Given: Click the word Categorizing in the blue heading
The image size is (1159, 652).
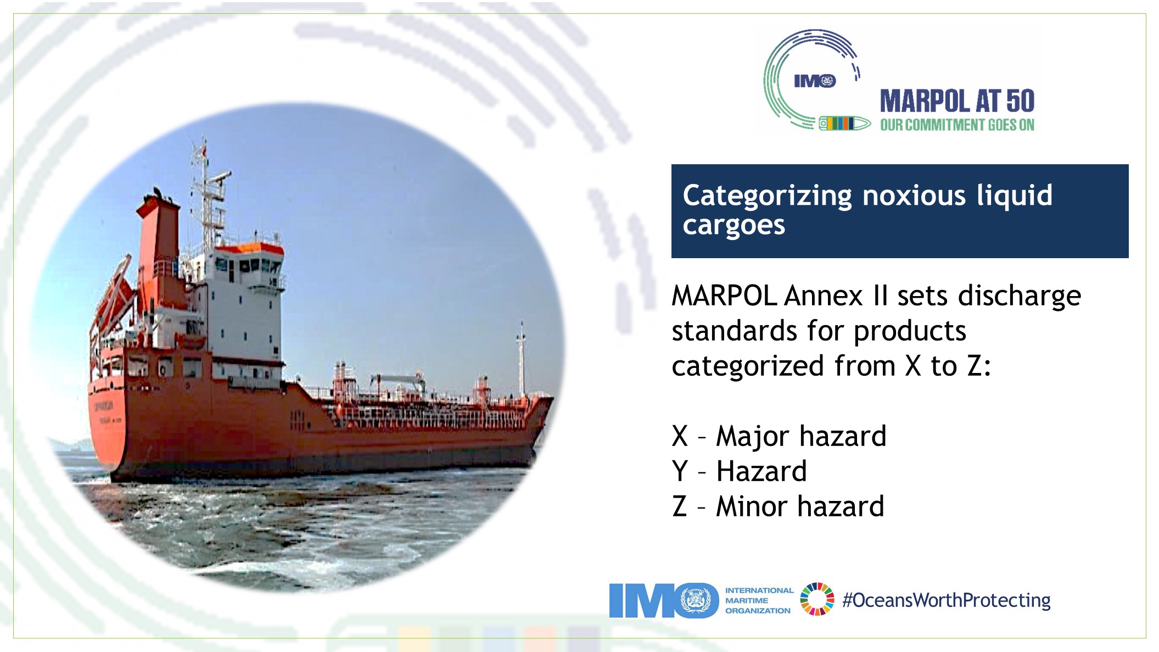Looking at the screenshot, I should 767,196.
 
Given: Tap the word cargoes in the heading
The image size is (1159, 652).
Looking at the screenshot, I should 734,226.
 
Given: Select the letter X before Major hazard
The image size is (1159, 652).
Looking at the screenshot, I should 680,436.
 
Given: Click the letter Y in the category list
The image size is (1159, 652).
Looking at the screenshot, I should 680,471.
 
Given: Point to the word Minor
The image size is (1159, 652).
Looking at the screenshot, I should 752,506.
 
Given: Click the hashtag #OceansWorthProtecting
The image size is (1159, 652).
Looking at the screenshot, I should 946,600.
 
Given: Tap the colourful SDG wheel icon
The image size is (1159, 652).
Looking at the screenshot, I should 817,599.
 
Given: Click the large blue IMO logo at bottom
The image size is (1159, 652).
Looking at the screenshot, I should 663,600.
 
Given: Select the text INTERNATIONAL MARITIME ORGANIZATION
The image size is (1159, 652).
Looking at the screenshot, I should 758,600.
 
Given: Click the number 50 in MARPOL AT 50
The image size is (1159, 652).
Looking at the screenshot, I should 1020,102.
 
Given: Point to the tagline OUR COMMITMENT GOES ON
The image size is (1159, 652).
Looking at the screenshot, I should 957,125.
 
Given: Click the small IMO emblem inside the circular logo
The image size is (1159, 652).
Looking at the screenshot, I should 815,81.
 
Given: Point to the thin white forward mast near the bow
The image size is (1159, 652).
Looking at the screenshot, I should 521,357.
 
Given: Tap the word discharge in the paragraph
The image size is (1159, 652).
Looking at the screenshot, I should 1019,296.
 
